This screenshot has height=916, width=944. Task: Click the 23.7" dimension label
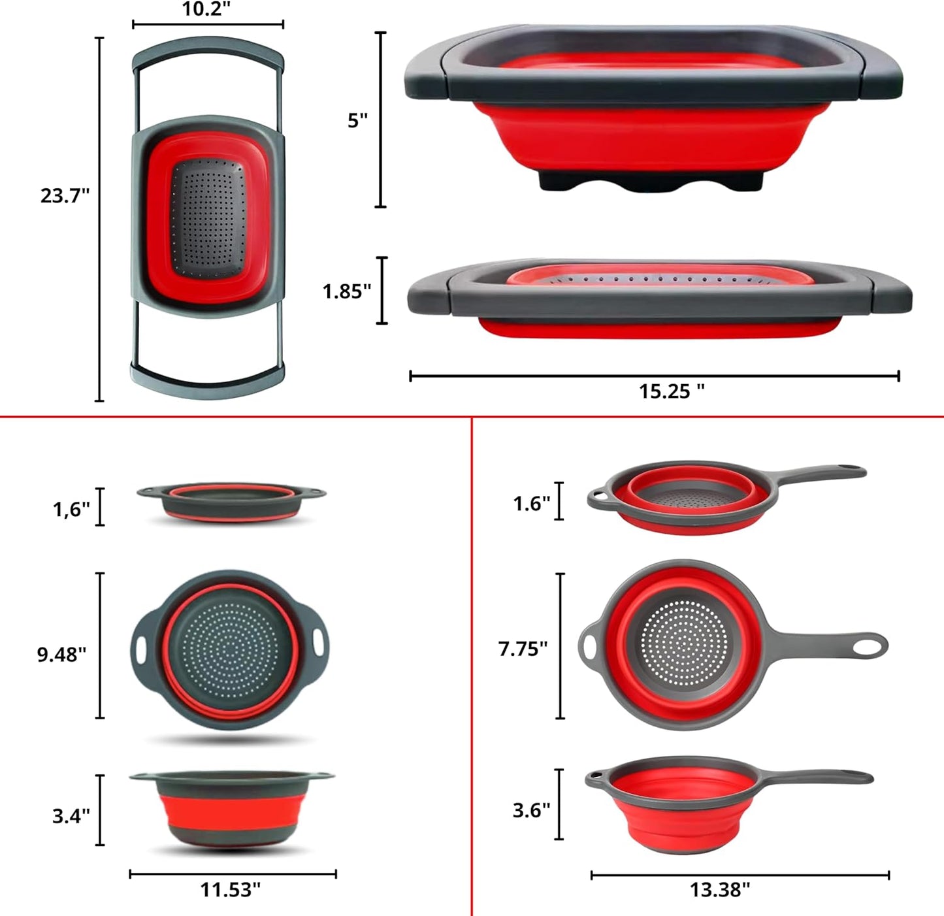[x=65, y=195]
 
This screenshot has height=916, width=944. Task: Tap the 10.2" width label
[x=206, y=8]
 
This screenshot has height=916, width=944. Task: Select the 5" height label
[x=358, y=120]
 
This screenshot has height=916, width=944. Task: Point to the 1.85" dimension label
[x=347, y=291]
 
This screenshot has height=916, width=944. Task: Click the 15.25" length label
[x=672, y=391]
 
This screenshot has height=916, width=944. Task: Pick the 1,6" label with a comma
[x=71, y=509]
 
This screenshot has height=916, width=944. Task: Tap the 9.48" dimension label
[x=61, y=655]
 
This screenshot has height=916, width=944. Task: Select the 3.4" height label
[x=71, y=816]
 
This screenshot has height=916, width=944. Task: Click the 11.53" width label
[x=231, y=890]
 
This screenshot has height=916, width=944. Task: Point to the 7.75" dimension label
[x=523, y=649]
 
